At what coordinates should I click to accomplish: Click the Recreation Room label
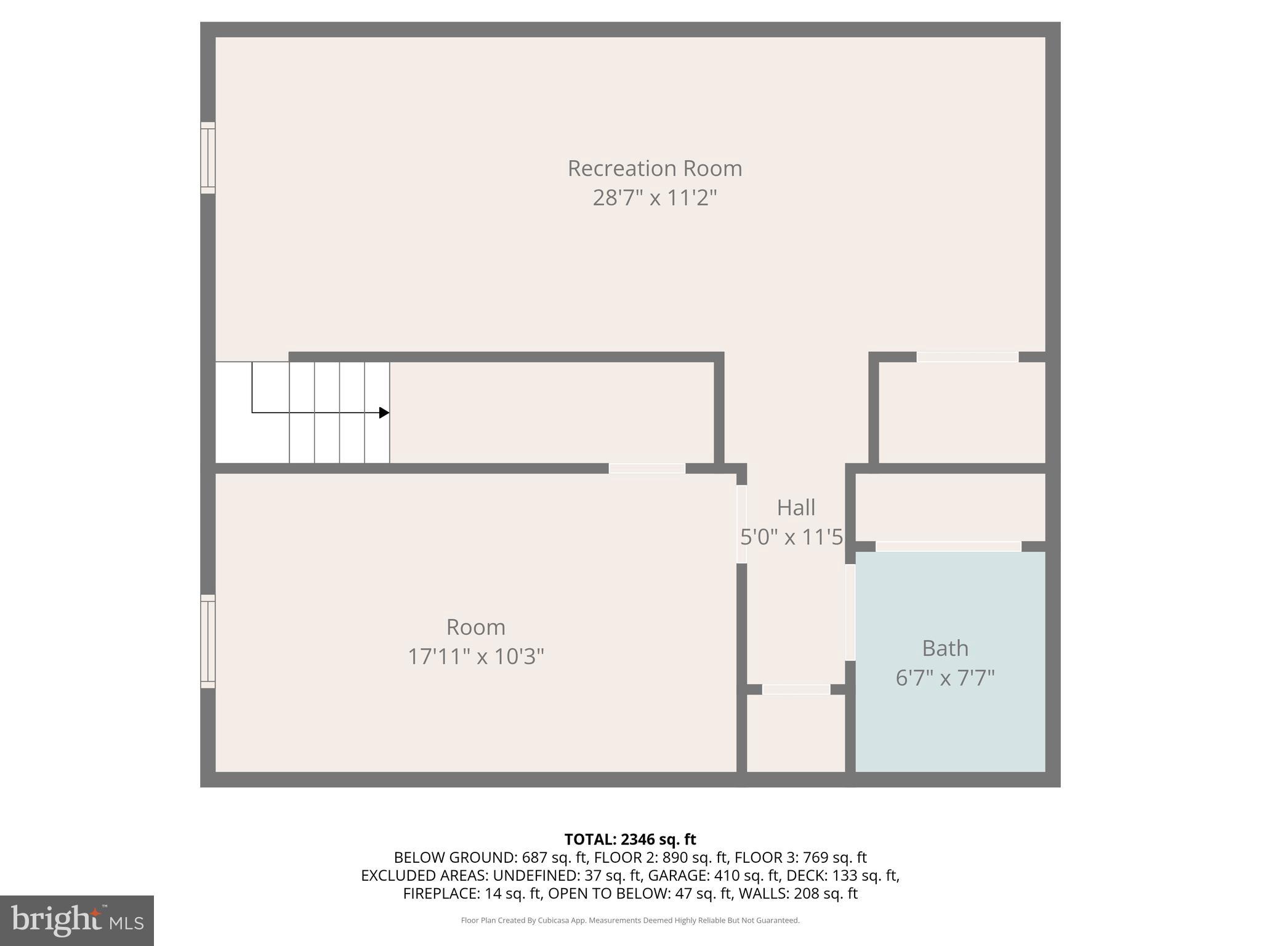(655, 168)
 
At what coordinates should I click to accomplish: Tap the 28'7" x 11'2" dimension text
(655, 198)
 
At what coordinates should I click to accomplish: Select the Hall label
(796, 507)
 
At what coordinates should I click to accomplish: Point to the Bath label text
(945, 648)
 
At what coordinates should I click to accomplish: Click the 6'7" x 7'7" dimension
(945, 678)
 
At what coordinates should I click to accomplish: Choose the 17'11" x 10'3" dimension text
(475, 657)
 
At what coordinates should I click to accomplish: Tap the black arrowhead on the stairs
(384, 413)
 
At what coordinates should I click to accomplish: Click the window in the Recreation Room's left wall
(208, 158)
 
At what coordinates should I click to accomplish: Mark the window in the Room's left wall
(208, 641)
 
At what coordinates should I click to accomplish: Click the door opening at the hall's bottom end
(796, 689)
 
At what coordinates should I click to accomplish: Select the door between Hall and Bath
(850, 612)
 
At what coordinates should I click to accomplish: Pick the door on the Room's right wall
(741, 524)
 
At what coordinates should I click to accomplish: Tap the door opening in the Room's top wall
(647, 469)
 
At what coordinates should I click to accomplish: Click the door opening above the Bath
(948, 546)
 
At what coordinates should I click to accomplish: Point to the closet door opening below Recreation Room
(967, 357)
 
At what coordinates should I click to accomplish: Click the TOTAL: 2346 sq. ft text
(630, 839)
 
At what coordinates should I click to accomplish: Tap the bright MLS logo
(77, 920)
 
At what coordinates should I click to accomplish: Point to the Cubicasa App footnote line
(630, 920)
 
